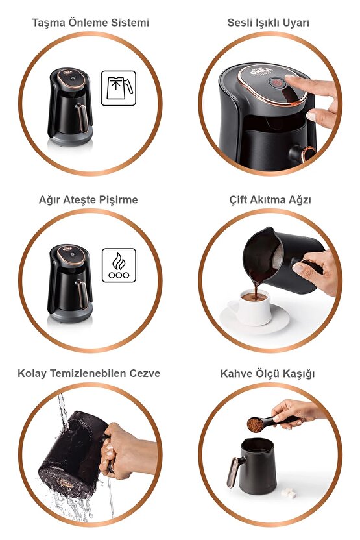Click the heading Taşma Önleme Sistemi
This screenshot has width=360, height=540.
91,23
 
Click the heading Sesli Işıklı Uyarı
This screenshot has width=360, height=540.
268,23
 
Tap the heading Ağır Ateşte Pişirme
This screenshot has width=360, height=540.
88,199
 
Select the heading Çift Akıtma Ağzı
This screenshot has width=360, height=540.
269,199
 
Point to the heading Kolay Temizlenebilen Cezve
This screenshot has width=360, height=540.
89,373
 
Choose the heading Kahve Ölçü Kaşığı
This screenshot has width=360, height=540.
269,373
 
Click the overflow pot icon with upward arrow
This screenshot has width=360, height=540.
119,88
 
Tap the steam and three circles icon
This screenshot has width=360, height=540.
119,265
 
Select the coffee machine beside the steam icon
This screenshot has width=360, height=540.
70,283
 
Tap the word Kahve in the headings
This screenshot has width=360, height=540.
235,373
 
